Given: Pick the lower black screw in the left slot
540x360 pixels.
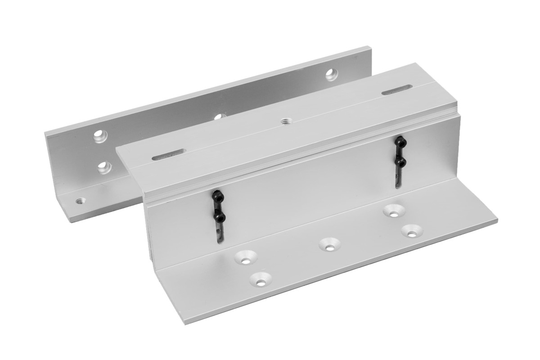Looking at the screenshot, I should pos(219,217).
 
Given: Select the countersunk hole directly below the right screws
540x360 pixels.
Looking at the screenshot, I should pos(393,211).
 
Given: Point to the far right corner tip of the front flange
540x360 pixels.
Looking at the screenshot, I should pos(497,220).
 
